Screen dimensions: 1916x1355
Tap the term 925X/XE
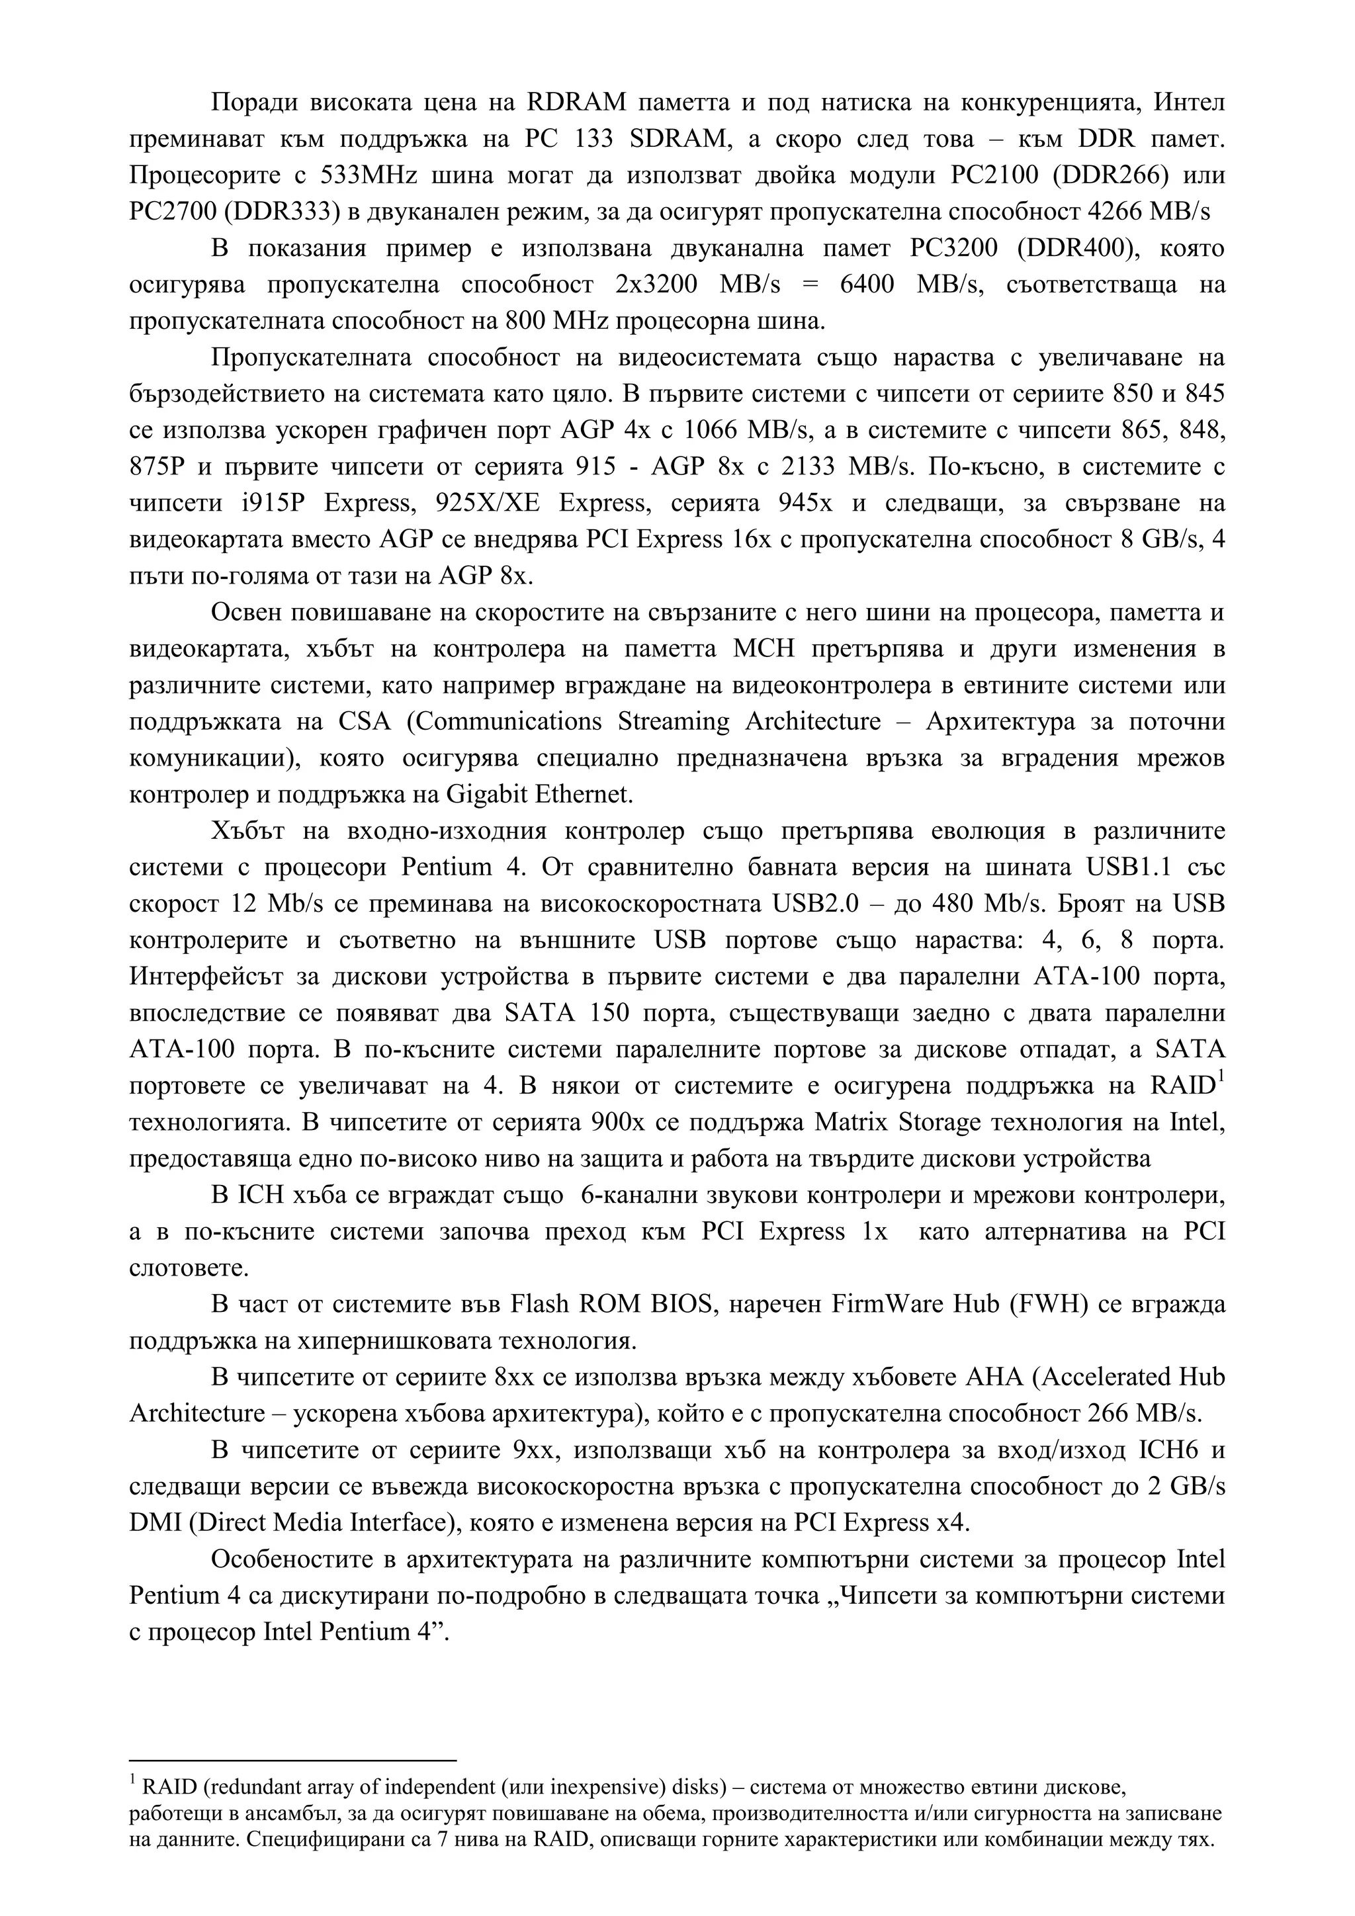point(486,503)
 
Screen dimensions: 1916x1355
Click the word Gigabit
point(486,795)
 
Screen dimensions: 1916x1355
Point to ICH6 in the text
point(1169,1450)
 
